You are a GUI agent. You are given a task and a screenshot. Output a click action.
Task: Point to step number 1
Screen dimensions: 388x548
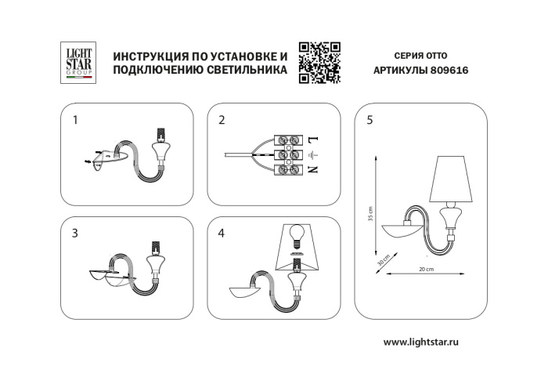click(75, 121)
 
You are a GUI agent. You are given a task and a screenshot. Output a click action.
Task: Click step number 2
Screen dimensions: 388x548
click(222, 121)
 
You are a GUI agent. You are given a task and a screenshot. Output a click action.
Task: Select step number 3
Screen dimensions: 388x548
click(75, 233)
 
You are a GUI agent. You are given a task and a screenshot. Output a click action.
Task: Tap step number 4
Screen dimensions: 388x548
click(222, 233)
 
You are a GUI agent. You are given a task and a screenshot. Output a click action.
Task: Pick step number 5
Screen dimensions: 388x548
click(369, 121)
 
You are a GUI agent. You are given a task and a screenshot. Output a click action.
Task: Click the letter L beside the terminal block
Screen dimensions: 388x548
click(313, 139)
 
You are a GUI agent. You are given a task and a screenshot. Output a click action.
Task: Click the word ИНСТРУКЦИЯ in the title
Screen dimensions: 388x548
click(150, 56)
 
